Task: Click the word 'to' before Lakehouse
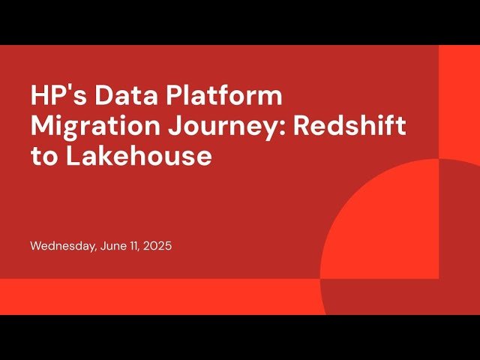43,157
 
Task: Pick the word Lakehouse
137,157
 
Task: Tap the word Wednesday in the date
63,246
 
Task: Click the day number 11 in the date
135,246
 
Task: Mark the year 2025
158,246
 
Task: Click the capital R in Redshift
301,127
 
